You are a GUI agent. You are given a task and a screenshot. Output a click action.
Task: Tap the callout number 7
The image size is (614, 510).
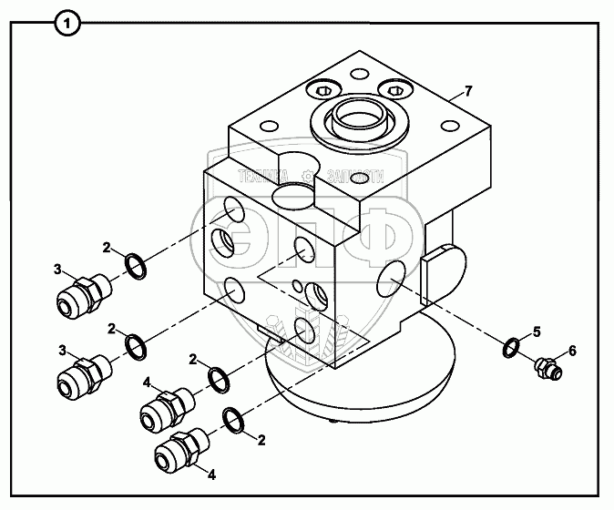click(x=468, y=91)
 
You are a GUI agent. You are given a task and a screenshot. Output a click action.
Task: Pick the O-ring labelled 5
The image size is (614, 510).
click(x=512, y=347)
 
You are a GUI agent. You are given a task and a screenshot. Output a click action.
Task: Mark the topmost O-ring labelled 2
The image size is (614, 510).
click(x=136, y=267)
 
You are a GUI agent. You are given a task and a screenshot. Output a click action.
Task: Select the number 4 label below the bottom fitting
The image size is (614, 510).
click(x=212, y=474)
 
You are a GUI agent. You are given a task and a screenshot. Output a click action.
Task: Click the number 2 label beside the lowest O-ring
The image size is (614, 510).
click(x=261, y=442)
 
